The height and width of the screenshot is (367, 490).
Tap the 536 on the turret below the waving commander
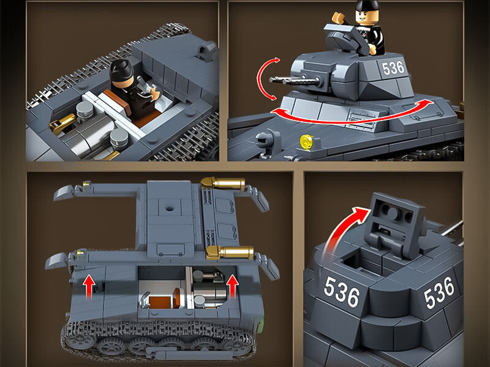click(393, 68)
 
